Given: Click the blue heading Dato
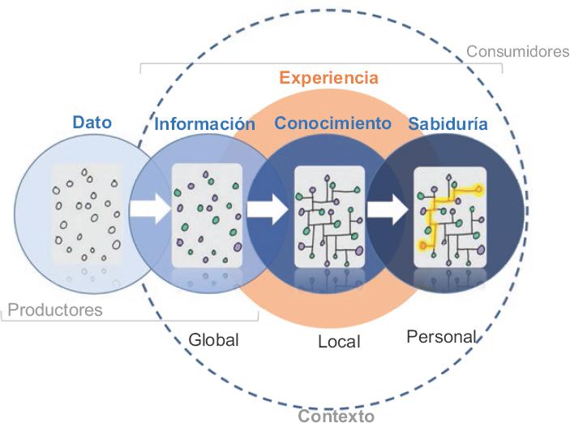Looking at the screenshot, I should [x=92, y=123].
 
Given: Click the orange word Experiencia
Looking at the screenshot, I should [x=328, y=79].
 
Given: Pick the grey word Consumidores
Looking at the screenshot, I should [x=517, y=52].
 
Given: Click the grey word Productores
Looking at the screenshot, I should [x=55, y=309].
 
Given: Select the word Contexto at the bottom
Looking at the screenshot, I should [x=336, y=415].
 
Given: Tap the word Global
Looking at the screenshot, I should [x=214, y=340].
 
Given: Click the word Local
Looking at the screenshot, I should [x=339, y=342].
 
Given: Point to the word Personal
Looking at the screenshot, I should [x=441, y=337].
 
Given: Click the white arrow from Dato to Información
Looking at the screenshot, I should [x=150, y=209].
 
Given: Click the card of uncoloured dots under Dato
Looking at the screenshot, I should [x=87, y=214].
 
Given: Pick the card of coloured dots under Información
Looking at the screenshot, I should [x=208, y=214].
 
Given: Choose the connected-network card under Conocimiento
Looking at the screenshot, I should [x=328, y=214].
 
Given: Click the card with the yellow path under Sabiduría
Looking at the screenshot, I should [x=449, y=214].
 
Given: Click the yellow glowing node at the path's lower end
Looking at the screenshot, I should [x=422, y=244].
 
